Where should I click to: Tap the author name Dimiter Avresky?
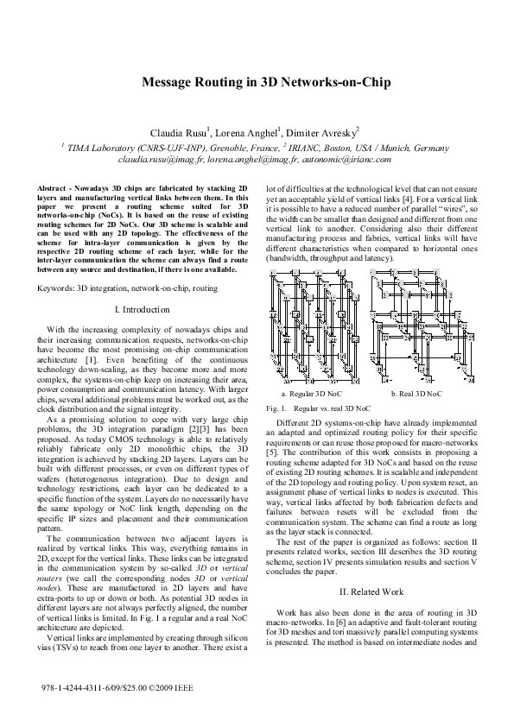pyautogui.click(x=326, y=134)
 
